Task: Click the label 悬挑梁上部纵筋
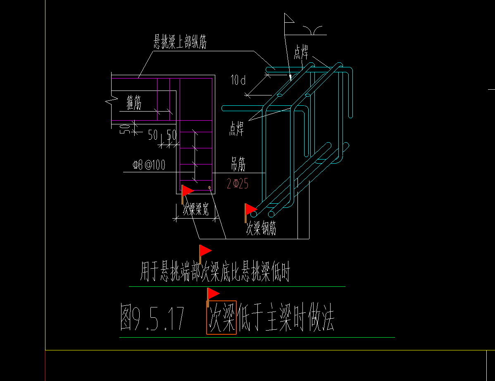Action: coord(180,42)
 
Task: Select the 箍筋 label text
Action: coord(134,103)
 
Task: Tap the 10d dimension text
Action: coord(238,80)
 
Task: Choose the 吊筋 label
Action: coord(238,165)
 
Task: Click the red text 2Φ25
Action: coord(238,183)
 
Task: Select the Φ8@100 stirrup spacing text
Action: coord(149,165)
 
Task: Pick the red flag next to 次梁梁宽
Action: coord(187,191)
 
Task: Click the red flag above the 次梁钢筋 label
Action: coord(250,210)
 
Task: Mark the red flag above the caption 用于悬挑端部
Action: coord(205,251)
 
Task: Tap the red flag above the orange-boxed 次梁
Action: coord(213,294)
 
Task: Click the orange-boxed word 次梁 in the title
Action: coord(221,318)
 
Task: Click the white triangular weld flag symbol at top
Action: coord(288,18)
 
